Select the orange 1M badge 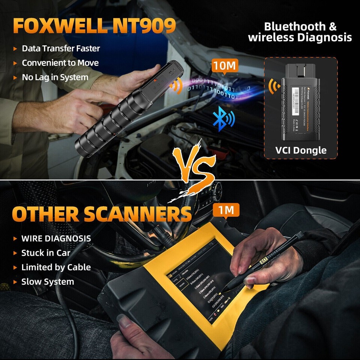(226, 210)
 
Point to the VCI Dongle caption (300, 150)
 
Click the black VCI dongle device (301, 100)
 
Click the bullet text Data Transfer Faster (61, 48)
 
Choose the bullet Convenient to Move (60, 63)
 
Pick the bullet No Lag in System (55, 78)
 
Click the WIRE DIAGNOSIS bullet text (56, 238)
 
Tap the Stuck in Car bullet (46, 253)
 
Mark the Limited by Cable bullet (56, 267)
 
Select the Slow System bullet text (48, 282)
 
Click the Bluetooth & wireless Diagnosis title (300, 32)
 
